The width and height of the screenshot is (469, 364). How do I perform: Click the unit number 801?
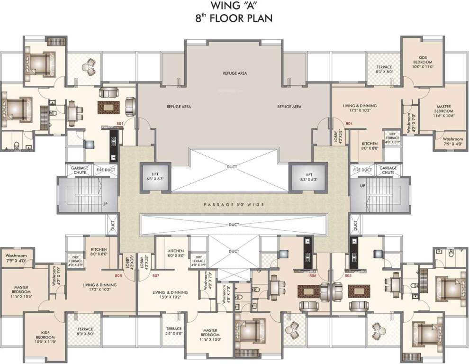(119, 124)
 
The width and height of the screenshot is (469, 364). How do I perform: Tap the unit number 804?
(349, 124)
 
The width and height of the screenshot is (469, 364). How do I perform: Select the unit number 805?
(348, 275)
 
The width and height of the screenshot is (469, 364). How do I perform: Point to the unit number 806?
(312, 275)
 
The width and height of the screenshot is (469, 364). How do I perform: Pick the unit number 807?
(155, 275)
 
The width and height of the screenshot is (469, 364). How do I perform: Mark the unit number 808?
(118, 275)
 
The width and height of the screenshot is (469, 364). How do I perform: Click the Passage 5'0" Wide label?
(234, 204)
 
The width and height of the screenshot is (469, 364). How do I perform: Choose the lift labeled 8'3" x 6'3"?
(308, 177)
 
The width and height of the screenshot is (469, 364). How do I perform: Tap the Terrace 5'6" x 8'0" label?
(173, 331)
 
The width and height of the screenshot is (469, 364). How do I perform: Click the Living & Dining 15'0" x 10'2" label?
(170, 295)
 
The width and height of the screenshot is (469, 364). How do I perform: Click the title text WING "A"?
(234, 7)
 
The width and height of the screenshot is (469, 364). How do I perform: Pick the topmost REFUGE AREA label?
(235, 73)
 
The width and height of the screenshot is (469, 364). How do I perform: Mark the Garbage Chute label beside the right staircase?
(388, 170)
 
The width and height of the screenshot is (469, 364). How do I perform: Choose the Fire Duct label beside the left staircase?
(106, 170)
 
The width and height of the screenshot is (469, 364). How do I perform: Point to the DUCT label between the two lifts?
(232, 167)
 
